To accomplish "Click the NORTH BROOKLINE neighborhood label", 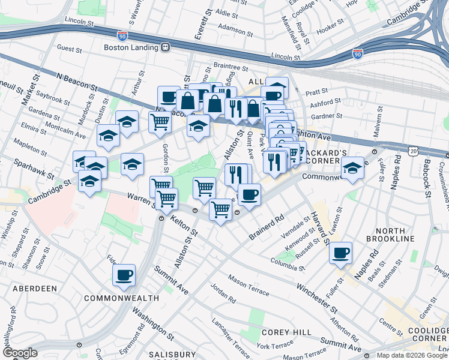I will tap(395, 239).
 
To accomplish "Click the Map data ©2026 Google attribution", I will tap(412, 355).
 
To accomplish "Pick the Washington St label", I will tap(150, 322).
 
